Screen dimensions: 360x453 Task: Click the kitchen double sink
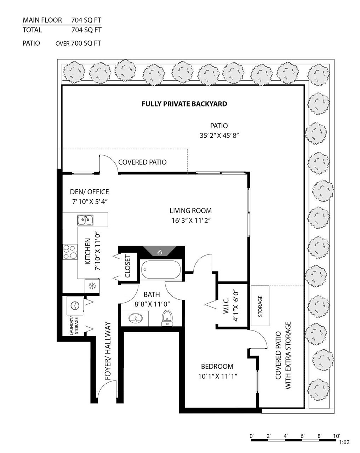(85, 220)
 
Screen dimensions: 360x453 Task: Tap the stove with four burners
(70, 252)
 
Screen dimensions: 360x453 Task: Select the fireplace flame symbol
(160, 252)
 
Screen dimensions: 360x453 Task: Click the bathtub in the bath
(161, 270)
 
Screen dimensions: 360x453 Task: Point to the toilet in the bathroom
(167, 318)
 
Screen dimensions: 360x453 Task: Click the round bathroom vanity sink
(135, 319)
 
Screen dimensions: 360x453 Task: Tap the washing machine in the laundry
(75, 306)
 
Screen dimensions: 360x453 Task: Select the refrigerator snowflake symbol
(92, 286)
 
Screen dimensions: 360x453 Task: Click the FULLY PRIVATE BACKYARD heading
(184, 104)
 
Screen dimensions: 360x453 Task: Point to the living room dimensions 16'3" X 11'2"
(191, 220)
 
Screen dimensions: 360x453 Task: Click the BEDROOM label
(217, 367)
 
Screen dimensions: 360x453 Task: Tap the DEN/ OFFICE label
(90, 192)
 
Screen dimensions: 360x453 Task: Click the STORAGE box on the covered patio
(260, 306)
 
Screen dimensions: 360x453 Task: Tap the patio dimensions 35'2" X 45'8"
(219, 135)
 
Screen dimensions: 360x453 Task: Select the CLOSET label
(128, 266)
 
